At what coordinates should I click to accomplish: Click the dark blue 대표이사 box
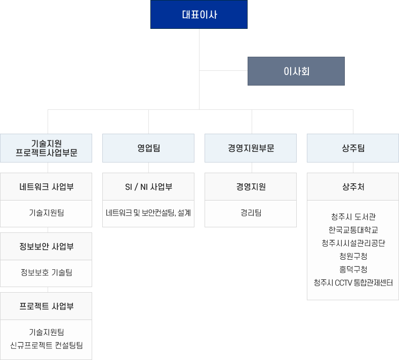pos(198,15)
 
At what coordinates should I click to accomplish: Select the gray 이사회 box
pos(296,71)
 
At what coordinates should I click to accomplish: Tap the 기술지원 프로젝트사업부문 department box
pos(46,148)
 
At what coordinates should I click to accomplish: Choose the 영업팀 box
pos(148,148)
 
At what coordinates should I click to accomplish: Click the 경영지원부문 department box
pos(251,148)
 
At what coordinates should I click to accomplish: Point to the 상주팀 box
pos(353,148)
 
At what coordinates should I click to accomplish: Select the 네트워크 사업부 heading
pos(46,187)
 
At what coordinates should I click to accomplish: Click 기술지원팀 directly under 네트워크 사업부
pos(46,213)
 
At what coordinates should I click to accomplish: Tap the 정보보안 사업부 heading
pos(46,247)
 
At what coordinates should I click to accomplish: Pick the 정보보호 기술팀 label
pos(46,272)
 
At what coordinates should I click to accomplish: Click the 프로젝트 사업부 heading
pos(46,306)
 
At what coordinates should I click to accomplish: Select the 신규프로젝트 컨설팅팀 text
pos(46,345)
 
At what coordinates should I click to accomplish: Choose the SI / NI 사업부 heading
pos(148,187)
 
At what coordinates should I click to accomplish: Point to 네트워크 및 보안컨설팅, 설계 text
pos(148,213)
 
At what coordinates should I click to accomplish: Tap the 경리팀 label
pos(251,213)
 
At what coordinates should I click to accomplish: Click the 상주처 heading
pos(353,187)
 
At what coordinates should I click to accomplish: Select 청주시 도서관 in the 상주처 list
pos(353,217)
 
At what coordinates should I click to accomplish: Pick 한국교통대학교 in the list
pos(353,230)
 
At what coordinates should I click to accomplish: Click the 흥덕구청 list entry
pos(353,269)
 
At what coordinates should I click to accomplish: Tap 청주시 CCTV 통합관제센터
pos(353,283)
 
